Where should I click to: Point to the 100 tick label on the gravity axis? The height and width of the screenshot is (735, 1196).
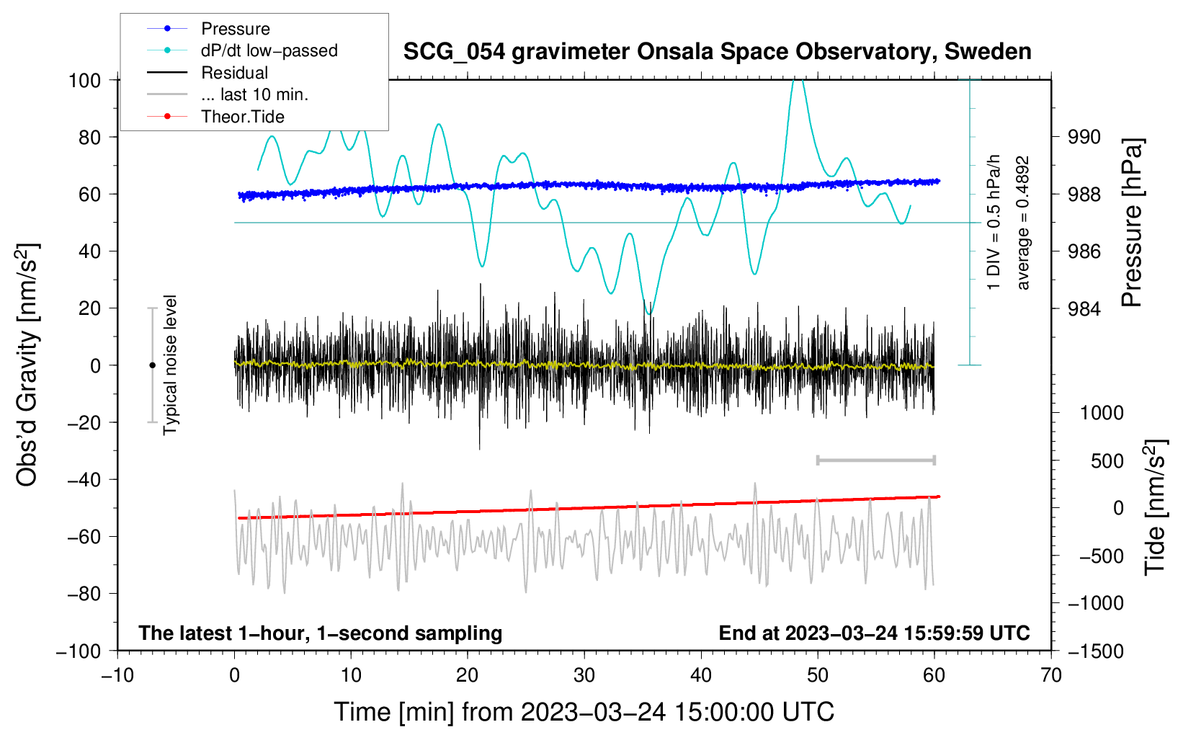(85, 81)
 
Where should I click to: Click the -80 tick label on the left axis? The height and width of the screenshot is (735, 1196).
(84, 594)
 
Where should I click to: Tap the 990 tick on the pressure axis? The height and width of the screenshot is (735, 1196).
(1084, 138)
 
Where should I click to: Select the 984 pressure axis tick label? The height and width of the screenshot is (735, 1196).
(1084, 308)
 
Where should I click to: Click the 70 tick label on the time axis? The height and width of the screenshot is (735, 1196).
(1051, 676)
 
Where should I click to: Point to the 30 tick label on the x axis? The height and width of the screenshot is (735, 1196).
(584, 676)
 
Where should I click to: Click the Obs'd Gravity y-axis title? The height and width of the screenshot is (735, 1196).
(28, 365)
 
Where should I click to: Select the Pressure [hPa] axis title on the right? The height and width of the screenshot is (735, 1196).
(1131, 223)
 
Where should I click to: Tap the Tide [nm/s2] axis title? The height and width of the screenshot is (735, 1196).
(1156, 508)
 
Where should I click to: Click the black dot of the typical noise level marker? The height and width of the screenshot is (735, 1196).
(152, 365)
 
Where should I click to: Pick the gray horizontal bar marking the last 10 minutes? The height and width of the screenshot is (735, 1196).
(876, 460)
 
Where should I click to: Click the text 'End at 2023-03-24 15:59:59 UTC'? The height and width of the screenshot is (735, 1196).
(874, 633)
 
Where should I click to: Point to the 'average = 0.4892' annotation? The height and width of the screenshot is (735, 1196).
(1022, 223)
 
